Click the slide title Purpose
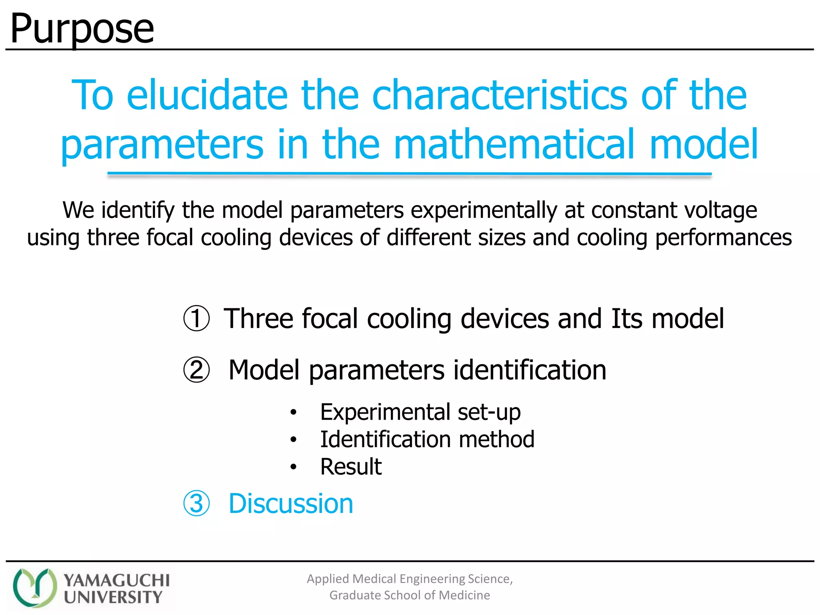point(82,29)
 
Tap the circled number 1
point(196,319)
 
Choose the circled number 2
point(196,370)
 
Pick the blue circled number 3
point(196,503)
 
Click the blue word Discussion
point(291,503)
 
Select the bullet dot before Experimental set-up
point(293,412)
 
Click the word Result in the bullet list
point(351,466)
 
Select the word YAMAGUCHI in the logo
point(117,580)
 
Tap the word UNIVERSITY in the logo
point(113,597)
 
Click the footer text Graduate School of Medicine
point(410,595)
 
